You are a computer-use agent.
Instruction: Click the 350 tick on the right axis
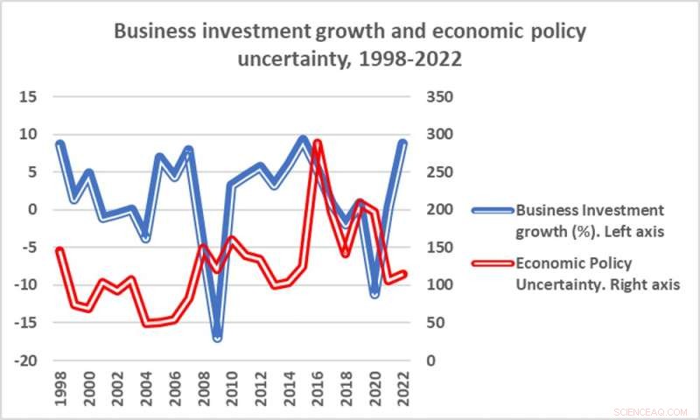tap(440, 96)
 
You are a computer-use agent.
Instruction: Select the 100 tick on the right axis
tap(440, 285)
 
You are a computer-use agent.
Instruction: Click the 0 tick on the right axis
tap(430, 360)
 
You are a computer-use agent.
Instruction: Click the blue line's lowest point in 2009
tap(217, 336)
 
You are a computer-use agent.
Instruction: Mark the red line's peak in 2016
tap(318, 142)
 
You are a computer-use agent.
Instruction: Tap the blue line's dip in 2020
tap(374, 292)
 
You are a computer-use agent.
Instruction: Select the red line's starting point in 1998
tap(59, 250)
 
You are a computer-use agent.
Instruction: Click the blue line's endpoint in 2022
tap(403, 143)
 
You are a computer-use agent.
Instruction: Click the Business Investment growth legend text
tap(590, 220)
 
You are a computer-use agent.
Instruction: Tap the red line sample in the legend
tap(492, 262)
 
